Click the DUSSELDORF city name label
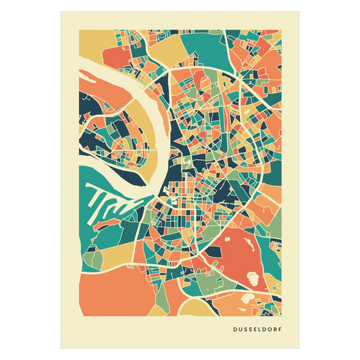(x=255, y=331)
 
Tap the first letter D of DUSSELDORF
(x=233, y=331)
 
